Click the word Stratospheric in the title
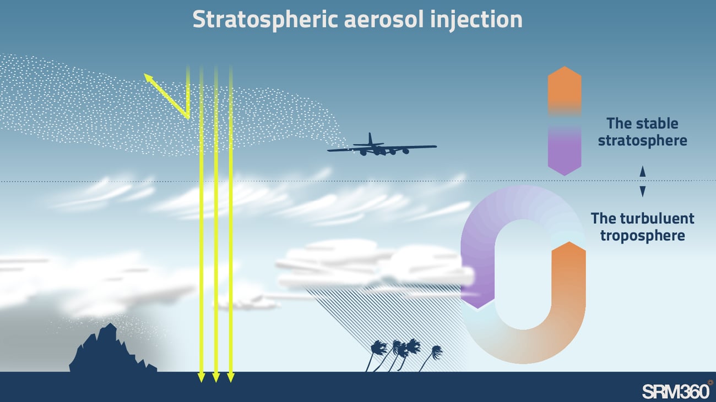point(265,20)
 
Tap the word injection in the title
point(476,20)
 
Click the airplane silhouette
point(382,146)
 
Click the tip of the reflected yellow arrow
point(144,74)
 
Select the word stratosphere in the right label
point(643,141)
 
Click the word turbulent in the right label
point(657,218)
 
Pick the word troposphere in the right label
point(643,236)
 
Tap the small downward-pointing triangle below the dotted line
point(643,191)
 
